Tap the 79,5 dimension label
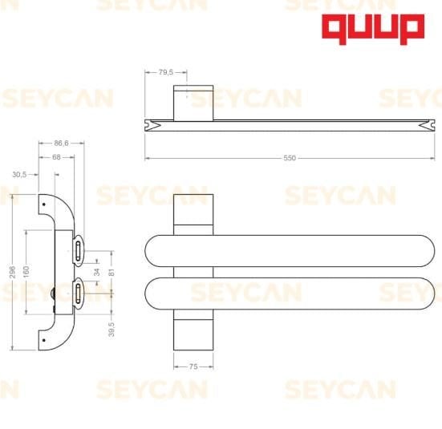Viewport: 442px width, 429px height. click(166, 73)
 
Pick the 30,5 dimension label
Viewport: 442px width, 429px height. click(20, 173)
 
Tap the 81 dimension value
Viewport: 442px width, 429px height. click(112, 273)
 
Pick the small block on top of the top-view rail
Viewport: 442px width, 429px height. click(193, 100)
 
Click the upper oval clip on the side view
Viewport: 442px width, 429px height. click(78, 251)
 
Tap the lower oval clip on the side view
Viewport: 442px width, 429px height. click(78, 293)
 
